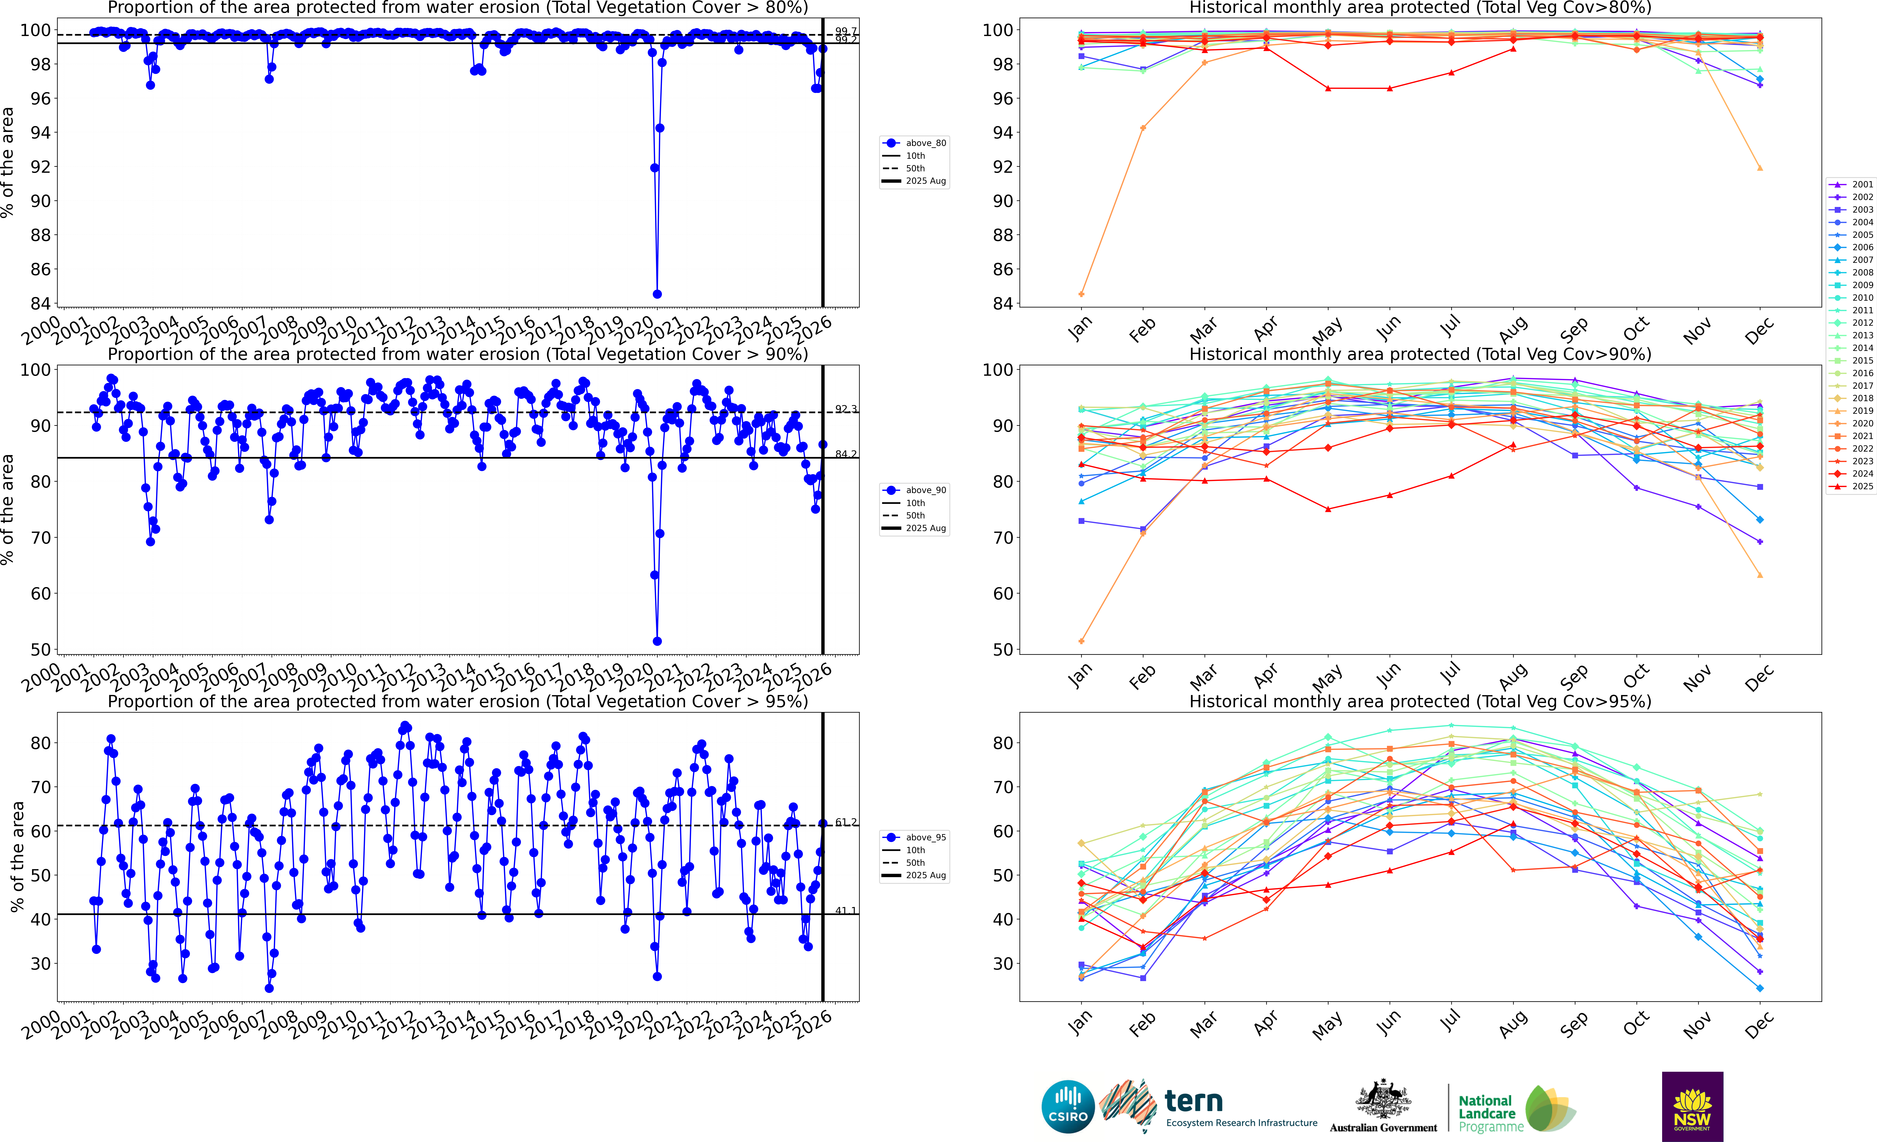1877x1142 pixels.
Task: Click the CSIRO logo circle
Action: click(x=1068, y=1106)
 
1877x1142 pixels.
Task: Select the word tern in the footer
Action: click(x=1194, y=1101)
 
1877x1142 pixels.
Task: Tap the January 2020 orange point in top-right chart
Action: click(x=1082, y=294)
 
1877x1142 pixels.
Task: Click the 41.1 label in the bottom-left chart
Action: click(x=845, y=911)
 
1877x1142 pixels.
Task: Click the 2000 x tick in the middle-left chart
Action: click(x=41, y=678)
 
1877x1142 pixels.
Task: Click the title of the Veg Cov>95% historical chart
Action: click(x=1420, y=701)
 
